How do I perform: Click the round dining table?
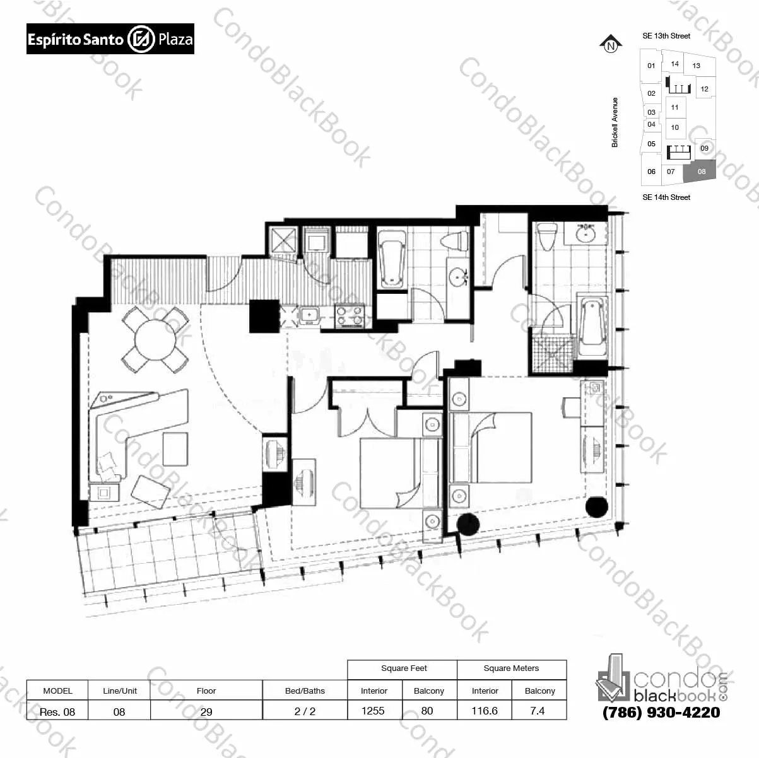click(155, 339)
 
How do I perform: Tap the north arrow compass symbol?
click(611, 44)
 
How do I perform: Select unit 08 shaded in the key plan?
click(700, 172)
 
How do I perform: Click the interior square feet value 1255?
click(373, 710)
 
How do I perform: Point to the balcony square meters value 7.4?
click(538, 710)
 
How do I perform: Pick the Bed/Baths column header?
click(305, 691)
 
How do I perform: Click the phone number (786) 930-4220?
click(661, 712)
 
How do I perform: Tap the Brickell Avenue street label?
click(615, 122)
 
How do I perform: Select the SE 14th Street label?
click(666, 197)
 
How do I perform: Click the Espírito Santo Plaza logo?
click(110, 38)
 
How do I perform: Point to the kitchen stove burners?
click(350, 316)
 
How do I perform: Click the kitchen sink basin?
click(310, 315)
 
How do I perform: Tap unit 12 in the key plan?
click(705, 89)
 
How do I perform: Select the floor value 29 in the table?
click(206, 711)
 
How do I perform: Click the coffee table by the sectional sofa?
click(175, 449)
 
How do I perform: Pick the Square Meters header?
click(511, 668)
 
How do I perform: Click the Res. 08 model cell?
click(57, 711)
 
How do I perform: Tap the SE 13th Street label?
click(666, 36)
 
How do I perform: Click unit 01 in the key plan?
click(651, 66)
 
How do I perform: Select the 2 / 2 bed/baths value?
click(305, 711)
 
